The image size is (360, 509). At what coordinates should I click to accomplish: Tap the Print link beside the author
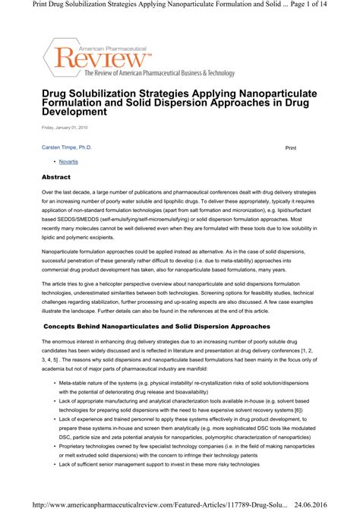click(290, 146)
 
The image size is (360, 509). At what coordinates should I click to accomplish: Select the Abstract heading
click(56, 177)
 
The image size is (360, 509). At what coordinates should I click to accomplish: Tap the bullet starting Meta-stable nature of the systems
click(56, 384)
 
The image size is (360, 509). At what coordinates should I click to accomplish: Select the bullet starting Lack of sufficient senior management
click(56, 485)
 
